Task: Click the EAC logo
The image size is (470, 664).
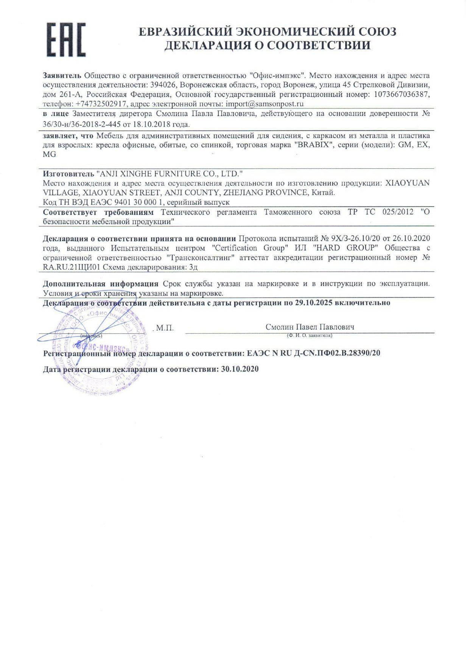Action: tap(66, 40)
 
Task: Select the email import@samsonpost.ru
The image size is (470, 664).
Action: tap(265, 104)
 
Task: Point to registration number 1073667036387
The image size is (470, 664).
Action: tap(402, 94)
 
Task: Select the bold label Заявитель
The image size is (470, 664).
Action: tap(62, 76)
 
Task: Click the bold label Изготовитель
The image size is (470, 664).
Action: tap(68, 174)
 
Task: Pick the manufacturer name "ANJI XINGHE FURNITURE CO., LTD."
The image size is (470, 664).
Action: tap(170, 174)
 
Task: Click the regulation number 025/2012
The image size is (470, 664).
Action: tap(398, 212)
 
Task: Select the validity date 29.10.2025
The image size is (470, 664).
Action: tap(313, 303)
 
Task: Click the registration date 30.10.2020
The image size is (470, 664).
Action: tap(240, 369)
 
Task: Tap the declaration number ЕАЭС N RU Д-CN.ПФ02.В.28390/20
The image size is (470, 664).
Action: tap(313, 353)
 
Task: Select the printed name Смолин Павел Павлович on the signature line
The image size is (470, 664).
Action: tap(310, 327)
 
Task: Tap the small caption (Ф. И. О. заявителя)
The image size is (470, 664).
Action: tap(310, 336)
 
